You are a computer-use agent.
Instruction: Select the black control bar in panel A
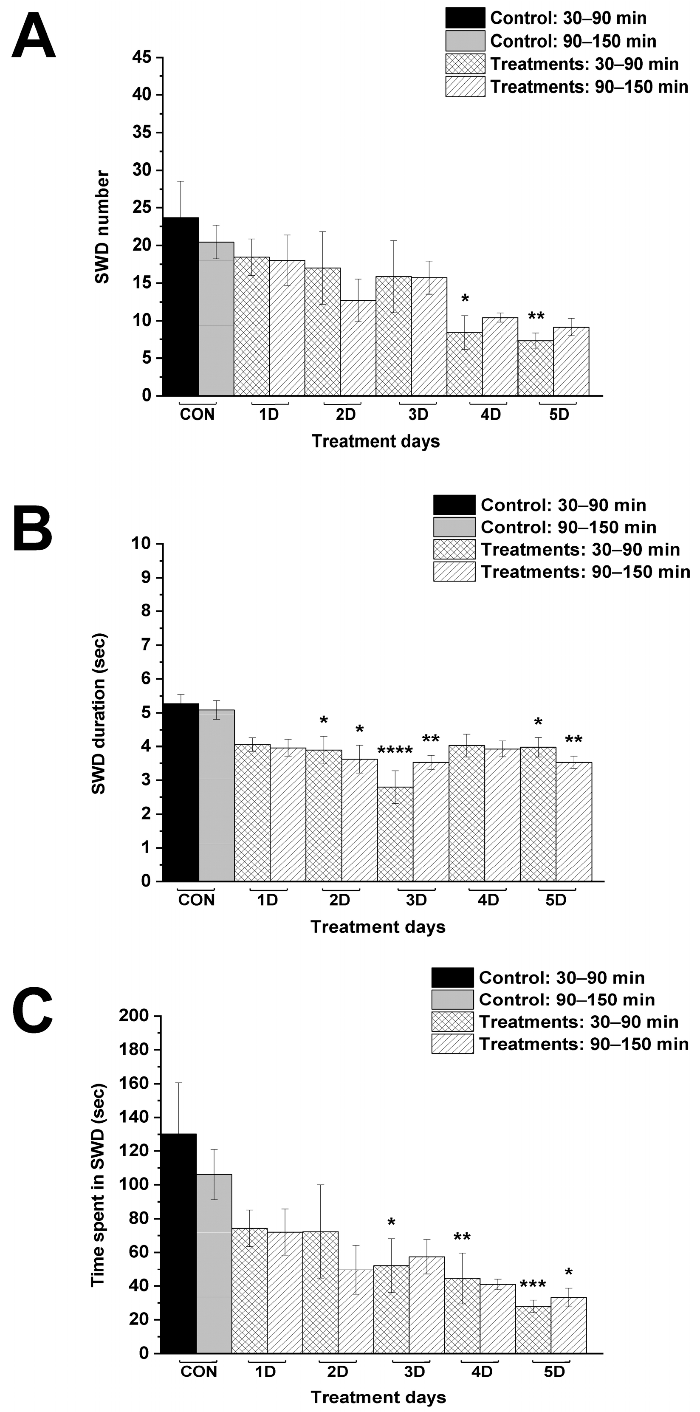pyautogui.click(x=181, y=307)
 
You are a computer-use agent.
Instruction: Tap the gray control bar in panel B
pyautogui.click(x=217, y=795)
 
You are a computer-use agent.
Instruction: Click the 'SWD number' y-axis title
pyautogui.click(x=102, y=226)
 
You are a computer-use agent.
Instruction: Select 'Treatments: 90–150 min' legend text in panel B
pyautogui.click(x=585, y=572)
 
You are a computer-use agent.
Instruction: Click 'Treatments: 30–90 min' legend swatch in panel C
pyautogui.click(x=452, y=1022)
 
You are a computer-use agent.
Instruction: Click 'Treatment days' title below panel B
pyautogui.click(x=378, y=927)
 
